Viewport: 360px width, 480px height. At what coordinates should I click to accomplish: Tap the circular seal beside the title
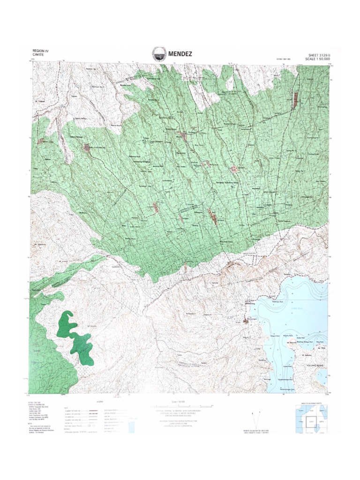click(158, 54)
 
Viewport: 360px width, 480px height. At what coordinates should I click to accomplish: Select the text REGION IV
click(41, 51)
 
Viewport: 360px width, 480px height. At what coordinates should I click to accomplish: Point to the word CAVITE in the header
click(37, 55)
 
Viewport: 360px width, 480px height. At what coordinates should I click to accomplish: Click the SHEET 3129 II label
click(317, 54)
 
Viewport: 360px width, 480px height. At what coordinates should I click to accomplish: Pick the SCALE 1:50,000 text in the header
click(317, 59)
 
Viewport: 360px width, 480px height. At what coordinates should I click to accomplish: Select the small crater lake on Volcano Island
click(322, 375)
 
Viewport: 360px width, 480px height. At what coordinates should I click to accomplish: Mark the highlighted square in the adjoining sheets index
click(311, 421)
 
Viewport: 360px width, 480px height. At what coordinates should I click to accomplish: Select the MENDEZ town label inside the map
click(221, 220)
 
